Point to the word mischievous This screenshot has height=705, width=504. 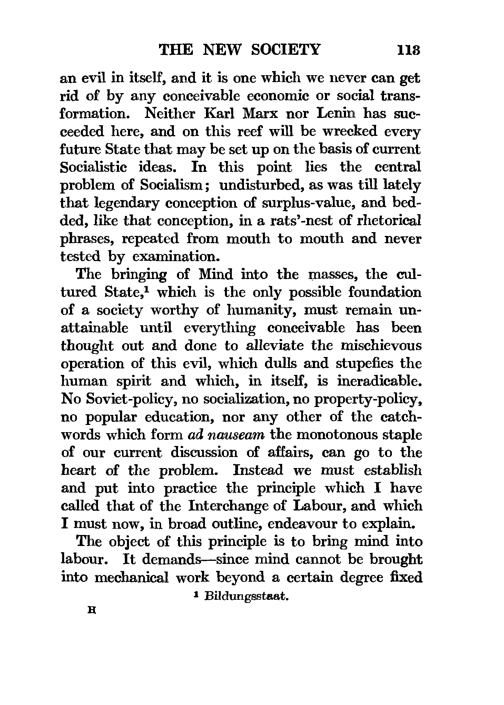[x=384, y=346]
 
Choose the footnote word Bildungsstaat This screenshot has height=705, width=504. [x=246, y=597]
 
